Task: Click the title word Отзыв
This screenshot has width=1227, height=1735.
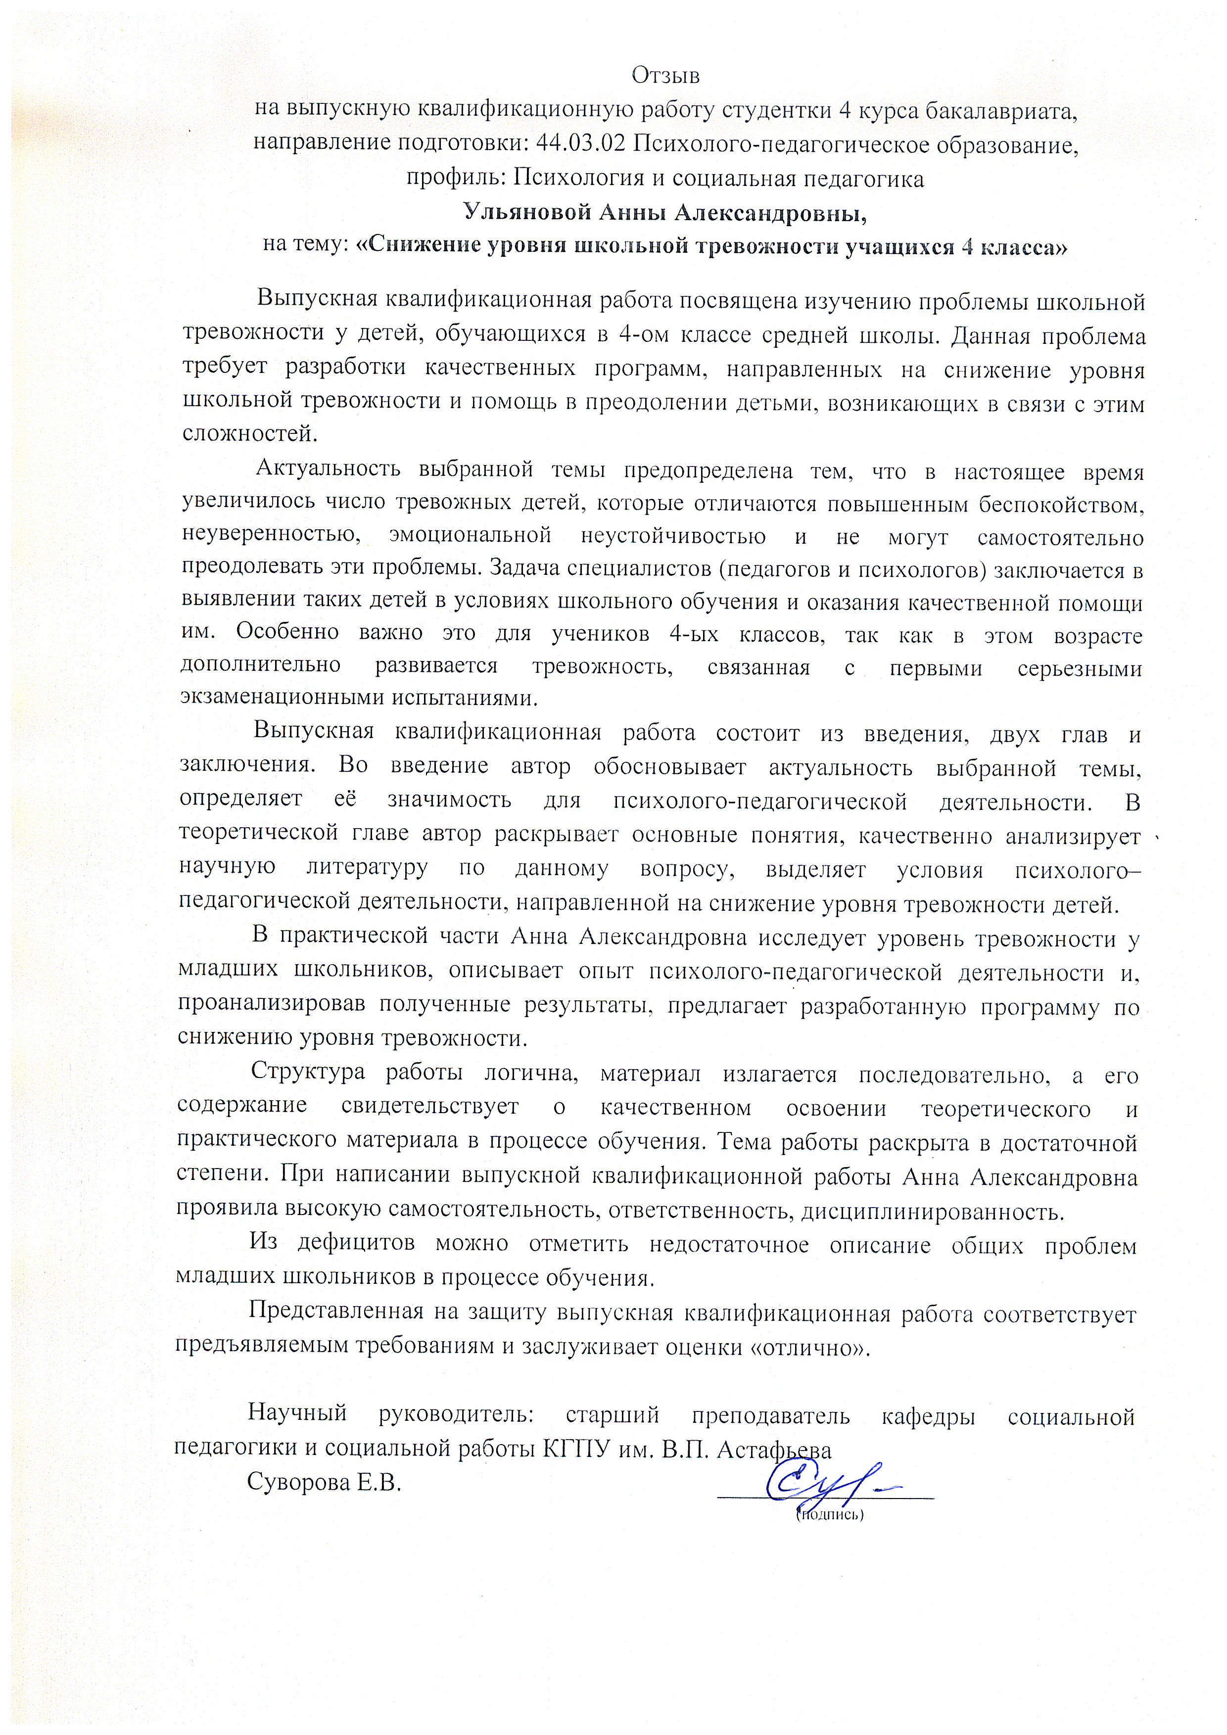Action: point(665,76)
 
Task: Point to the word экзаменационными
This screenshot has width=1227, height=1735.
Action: point(282,698)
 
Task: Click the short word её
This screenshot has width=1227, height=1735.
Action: point(345,799)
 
